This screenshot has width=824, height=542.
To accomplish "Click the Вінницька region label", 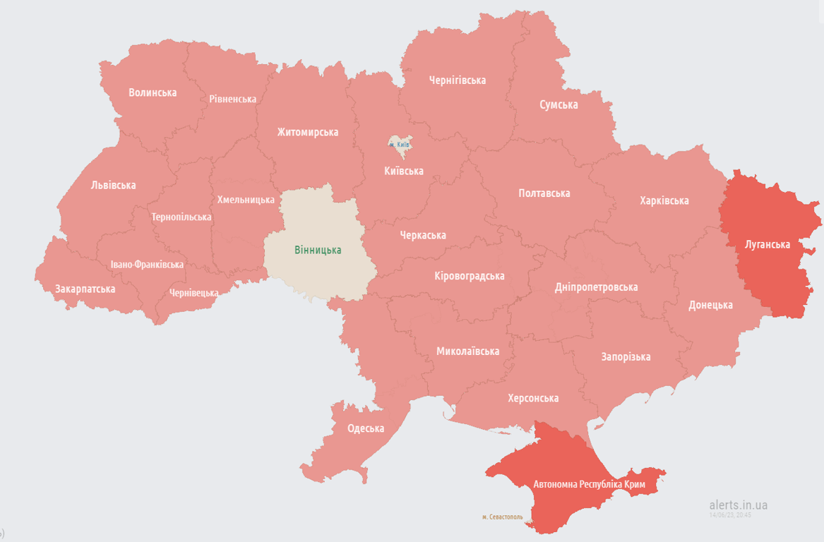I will point(318,250).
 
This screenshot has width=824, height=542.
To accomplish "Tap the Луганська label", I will point(768,244).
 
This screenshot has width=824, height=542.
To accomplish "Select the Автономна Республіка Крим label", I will point(590,485).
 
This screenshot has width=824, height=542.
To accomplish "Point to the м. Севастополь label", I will point(503,517).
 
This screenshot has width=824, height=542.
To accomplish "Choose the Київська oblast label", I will point(404,171).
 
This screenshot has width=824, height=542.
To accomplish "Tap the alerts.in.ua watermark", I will point(738,505).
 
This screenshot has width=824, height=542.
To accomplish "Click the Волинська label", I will point(153,92).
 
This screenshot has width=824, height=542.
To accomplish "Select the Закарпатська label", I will point(85,289).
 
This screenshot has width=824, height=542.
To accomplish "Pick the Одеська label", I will point(366,428).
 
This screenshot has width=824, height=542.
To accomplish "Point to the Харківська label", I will point(664,200).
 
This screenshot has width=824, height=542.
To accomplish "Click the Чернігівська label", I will point(458,80).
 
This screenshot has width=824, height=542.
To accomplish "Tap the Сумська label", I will point(559,104).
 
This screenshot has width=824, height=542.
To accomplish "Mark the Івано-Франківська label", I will point(147,265).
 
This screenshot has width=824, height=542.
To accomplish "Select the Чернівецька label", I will point(193,292).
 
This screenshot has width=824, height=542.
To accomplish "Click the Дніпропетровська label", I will point(596,287).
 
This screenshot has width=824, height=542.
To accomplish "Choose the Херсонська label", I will point(533,398).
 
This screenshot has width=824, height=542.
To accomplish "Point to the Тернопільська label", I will point(181,217).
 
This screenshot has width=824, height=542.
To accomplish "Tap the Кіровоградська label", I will point(470,275).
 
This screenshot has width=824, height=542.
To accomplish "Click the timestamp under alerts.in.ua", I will point(731,515).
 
